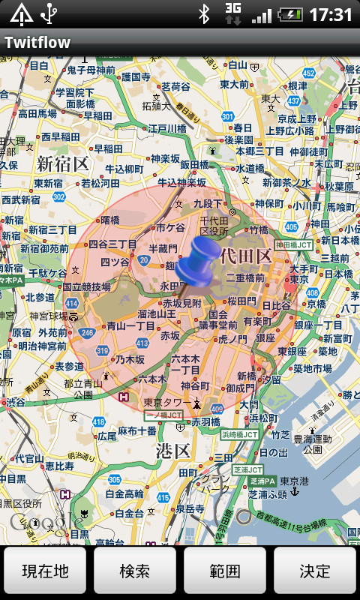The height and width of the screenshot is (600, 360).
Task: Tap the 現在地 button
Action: (x=45, y=571)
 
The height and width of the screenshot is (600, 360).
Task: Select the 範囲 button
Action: (x=225, y=571)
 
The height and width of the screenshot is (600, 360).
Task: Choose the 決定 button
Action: (x=315, y=571)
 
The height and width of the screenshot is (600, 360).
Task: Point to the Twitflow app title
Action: (x=37, y=43)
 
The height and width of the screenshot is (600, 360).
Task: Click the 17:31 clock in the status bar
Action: (x=331, y=14)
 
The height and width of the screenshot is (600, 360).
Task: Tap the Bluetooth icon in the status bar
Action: (x=203, y=14)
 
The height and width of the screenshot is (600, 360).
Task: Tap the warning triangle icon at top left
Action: (x=21, y=14)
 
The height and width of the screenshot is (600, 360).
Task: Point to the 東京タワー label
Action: (x=167, y=401)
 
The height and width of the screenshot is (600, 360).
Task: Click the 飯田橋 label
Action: (x=194, y=164)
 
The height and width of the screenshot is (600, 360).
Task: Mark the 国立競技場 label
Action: (x=86, y=286)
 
